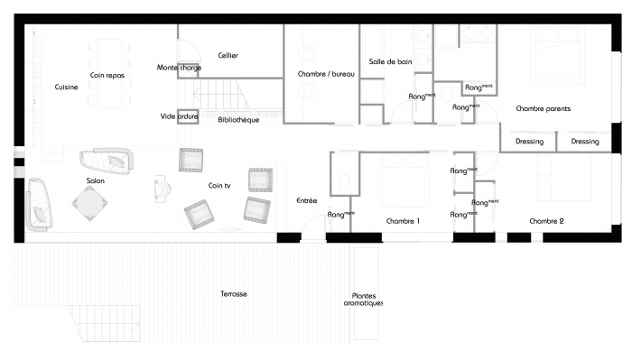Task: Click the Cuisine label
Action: tap(66, 88)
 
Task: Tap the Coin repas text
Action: tap(107, 76)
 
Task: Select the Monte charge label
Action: tap(179, 68)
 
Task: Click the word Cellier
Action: tap(228, 56)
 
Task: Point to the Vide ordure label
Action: tap(179, 116)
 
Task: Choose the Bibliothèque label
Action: tap(239, 119)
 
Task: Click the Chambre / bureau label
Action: tap(321, 74)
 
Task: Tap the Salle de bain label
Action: tap(389, 61)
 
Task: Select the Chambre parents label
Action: tap(543, 108)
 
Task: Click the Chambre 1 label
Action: tap(403, 221)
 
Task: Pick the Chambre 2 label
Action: tap(546, 221)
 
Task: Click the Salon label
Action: tap(95, 181)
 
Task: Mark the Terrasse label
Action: tap(234, 294)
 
